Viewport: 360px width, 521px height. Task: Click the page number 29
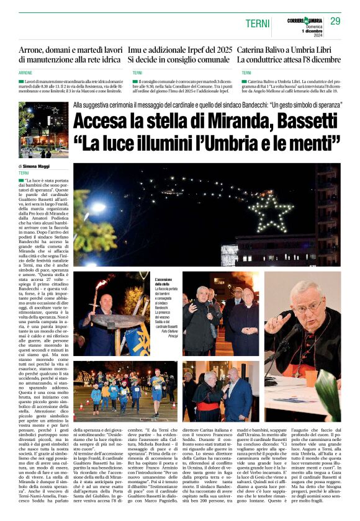tap(335, 21)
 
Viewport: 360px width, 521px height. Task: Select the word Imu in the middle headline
tap(137, 48)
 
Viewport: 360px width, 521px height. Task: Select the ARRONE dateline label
tap(26, 73)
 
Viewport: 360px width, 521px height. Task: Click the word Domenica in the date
tap(312, 25)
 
